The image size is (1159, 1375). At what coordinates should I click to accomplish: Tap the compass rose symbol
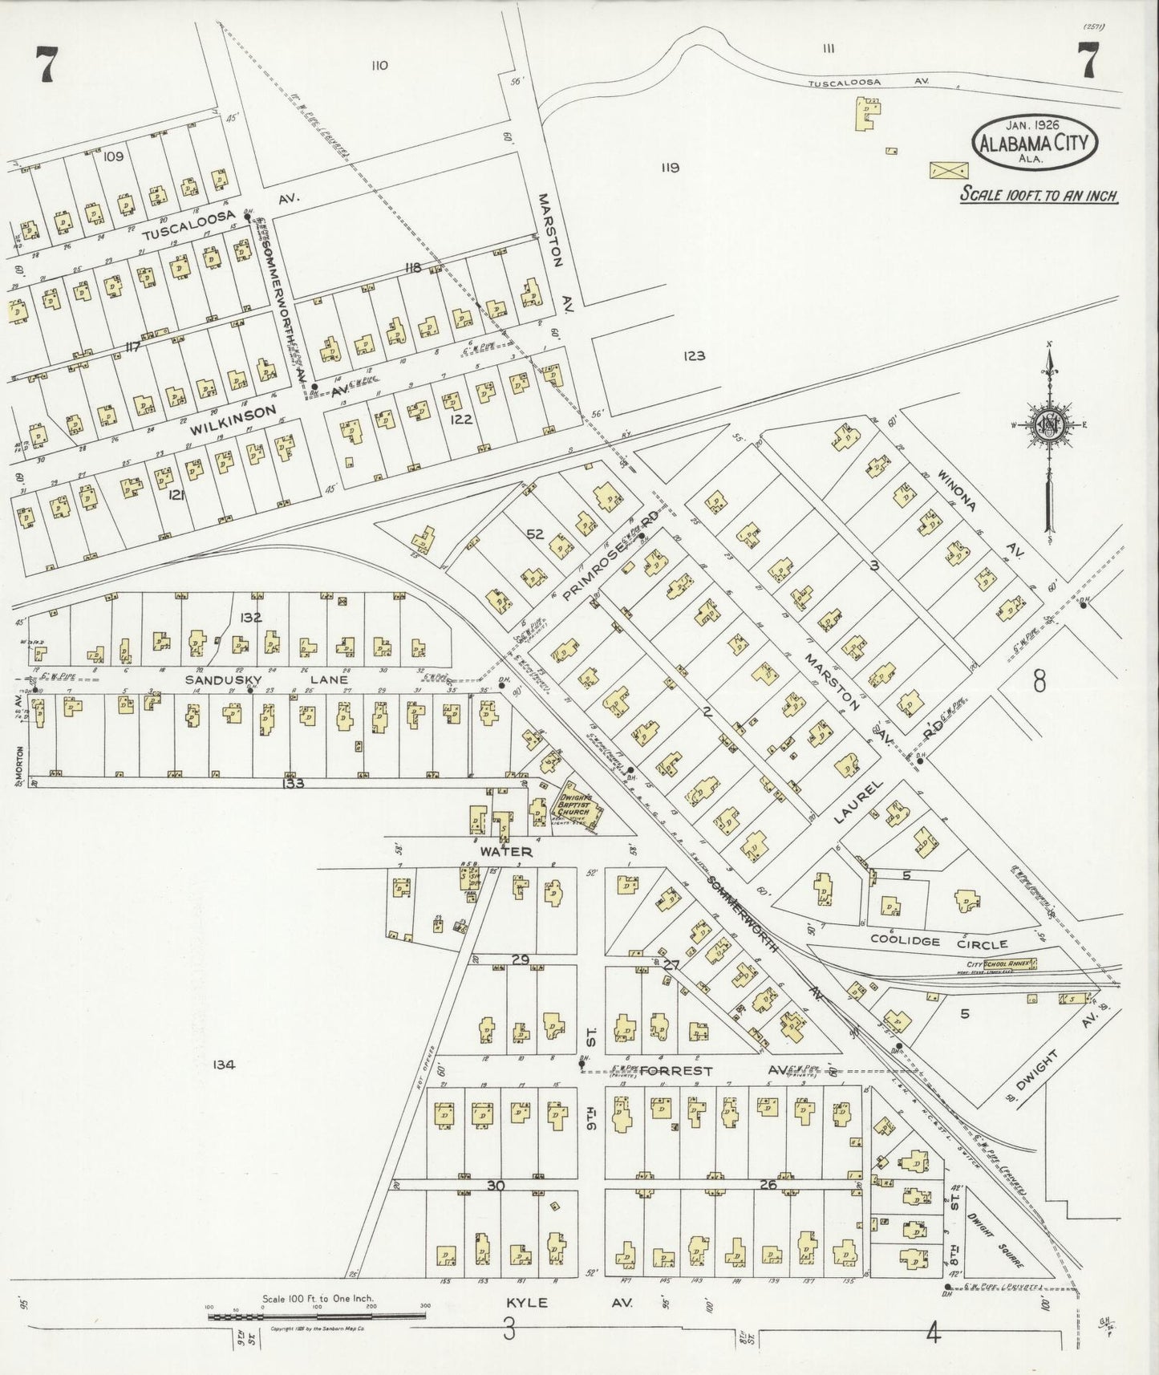[x=1049, y=426]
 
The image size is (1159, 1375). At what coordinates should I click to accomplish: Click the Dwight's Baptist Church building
[x=577, y=807]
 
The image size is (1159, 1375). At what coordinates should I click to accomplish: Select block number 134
[x=223, y=1065]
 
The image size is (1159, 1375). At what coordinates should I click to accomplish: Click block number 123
[x=694, y=355]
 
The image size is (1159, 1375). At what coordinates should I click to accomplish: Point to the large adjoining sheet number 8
[x=1039, y=683]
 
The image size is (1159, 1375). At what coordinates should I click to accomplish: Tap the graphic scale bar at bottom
[x=316, y=1316]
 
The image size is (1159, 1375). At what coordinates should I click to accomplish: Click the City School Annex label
[x=1002, y=963]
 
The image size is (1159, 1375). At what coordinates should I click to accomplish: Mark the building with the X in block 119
[x=948, y=170]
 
